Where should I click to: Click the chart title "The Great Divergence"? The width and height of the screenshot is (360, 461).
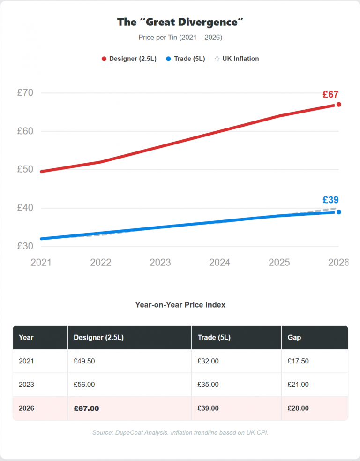click(180, 22)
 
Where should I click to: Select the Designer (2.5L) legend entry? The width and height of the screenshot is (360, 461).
click(129, 59)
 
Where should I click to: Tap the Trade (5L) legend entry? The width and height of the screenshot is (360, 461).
click(186, 59)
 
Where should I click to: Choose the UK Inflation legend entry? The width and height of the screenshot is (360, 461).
click(237, 59)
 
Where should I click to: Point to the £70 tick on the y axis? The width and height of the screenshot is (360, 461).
click(25, 93)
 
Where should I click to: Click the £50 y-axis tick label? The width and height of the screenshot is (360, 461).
click(25, 169)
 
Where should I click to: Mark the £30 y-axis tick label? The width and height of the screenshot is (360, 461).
click(25, 246)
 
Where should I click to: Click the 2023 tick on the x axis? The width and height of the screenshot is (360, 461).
click(160, 263)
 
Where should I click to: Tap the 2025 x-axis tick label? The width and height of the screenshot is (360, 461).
click(279, 263)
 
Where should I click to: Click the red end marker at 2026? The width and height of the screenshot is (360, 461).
click(338, 105)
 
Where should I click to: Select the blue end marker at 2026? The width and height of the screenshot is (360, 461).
click(338, 212)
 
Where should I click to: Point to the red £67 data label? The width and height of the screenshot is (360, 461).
click(330, 94)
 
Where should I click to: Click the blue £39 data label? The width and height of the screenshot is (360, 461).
click(330, 200)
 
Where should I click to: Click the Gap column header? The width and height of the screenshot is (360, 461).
click(294, 338)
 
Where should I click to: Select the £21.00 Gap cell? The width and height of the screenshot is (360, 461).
click(298, 385)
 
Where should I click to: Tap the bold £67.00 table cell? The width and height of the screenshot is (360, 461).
click(86, 408)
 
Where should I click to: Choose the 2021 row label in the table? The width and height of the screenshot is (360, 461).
click(26, 361)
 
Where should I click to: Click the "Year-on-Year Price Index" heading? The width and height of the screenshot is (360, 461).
click(180, 305)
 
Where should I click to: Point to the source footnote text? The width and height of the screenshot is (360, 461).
click(180, 432)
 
